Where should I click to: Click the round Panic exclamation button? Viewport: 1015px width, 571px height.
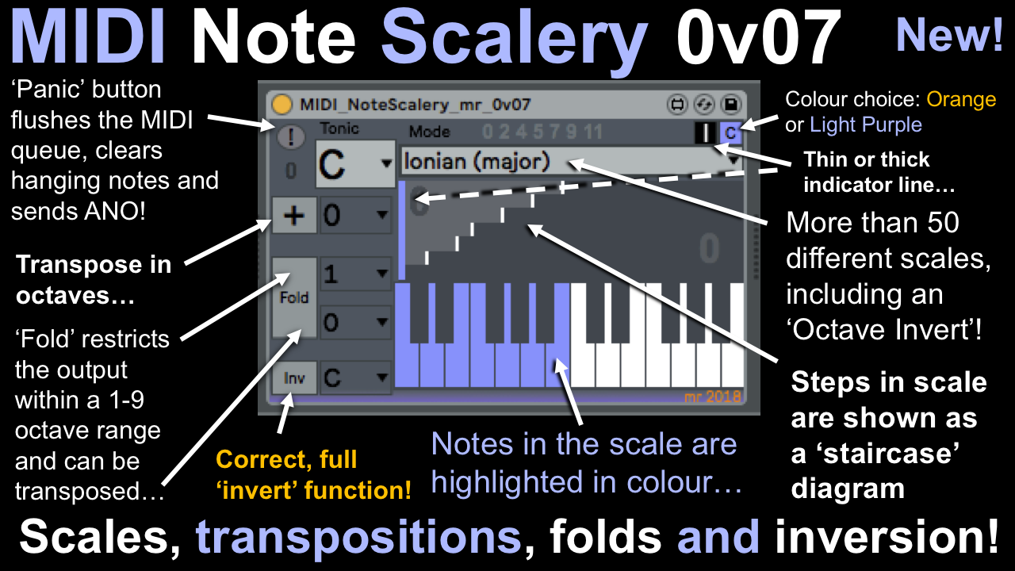291,136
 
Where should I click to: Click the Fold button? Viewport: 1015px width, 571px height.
294,297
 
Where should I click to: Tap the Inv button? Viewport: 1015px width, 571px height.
294,377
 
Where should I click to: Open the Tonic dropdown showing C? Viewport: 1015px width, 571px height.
355,164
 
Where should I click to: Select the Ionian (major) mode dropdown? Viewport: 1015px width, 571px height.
572,161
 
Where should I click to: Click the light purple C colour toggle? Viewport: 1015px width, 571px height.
730,132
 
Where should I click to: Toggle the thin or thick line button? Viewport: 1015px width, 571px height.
705,132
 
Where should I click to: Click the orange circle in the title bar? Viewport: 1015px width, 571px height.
281,104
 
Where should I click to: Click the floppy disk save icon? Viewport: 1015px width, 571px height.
730,104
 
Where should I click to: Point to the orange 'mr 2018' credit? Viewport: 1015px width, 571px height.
712,397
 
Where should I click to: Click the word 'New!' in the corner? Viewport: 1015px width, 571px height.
949,36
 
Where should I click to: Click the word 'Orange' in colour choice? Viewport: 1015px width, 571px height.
961,99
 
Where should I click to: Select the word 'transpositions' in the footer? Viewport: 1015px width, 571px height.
358,537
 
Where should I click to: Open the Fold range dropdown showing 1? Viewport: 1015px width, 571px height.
356,274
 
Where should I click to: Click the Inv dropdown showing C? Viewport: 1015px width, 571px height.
356,377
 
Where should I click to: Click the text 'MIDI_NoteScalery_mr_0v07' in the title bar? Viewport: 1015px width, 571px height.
415,105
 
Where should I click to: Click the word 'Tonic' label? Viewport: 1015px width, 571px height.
339,128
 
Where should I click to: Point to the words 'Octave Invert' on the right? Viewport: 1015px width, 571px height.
880,331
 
